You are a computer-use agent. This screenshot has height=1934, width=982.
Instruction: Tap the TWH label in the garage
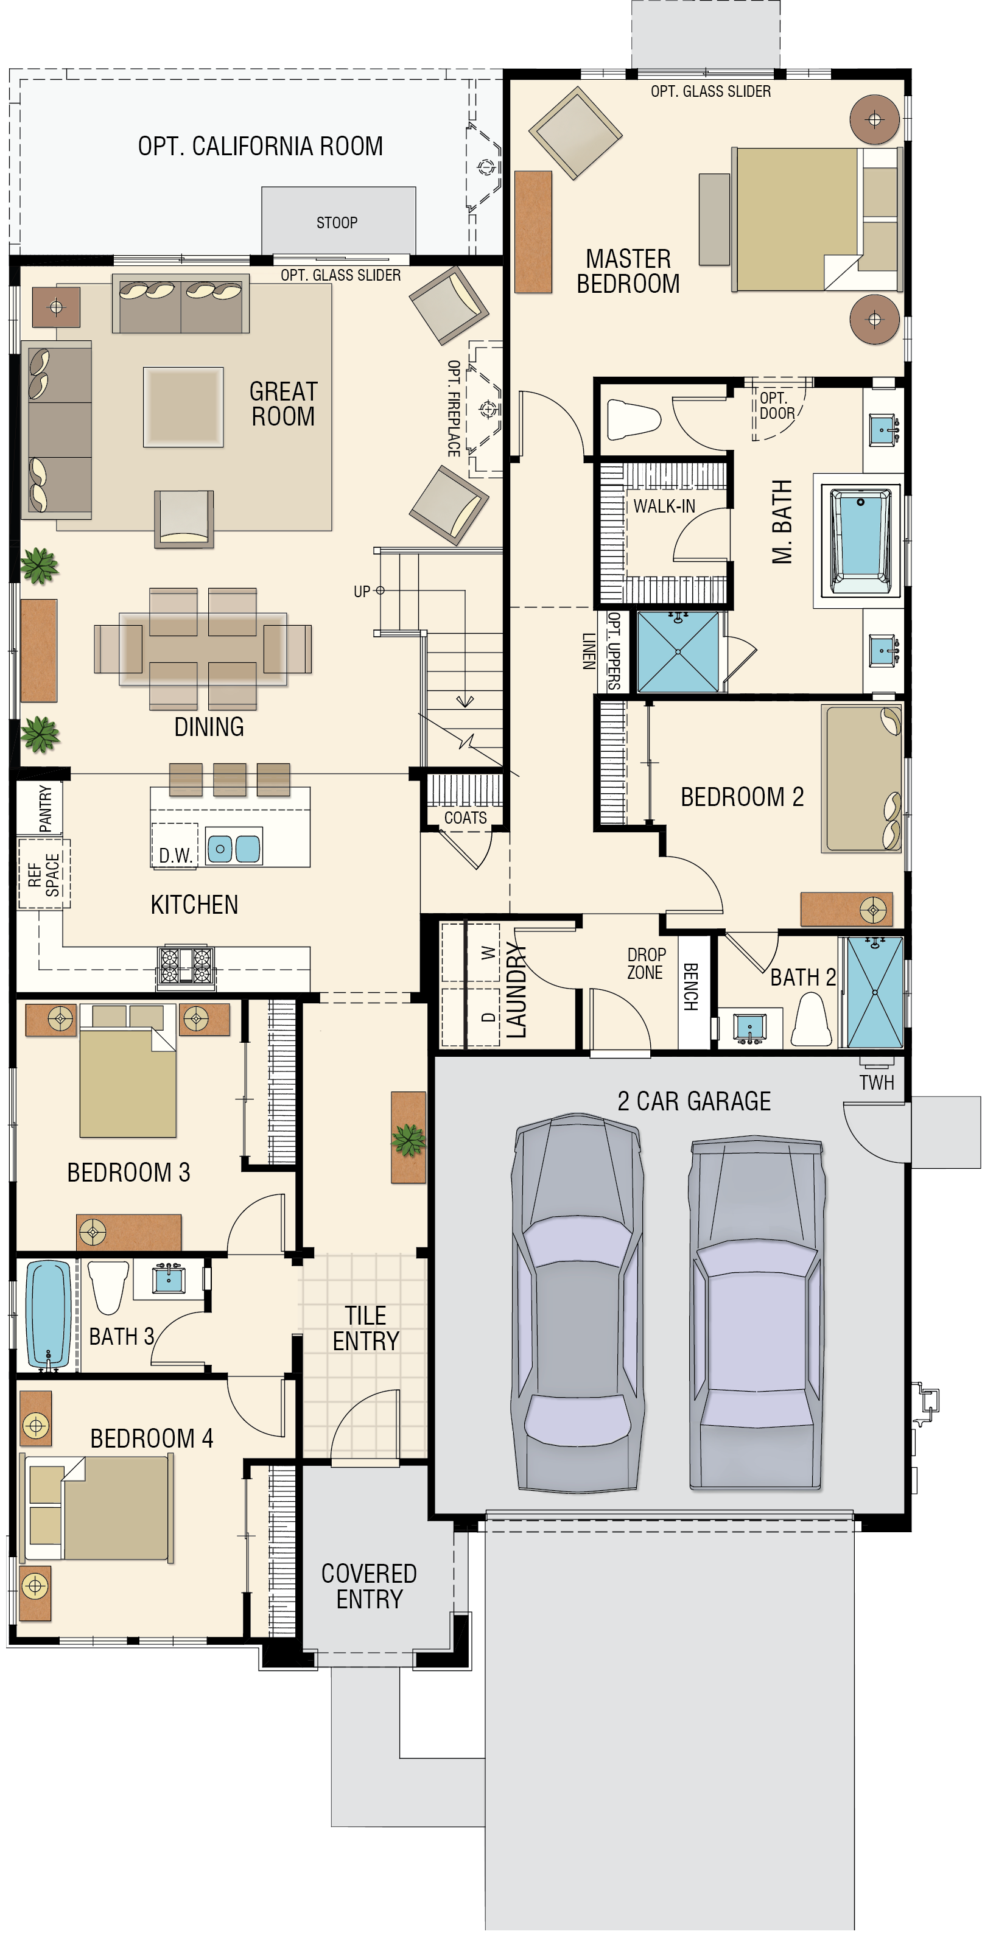click(x=876, y=1082)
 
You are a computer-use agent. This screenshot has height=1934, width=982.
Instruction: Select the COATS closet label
click(x=466, y=818)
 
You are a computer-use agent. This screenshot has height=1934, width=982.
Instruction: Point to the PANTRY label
click(x=45, y=808)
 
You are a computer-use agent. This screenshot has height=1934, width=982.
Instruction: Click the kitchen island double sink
click(x=234, y=849)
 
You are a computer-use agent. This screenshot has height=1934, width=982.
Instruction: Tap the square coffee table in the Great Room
click(x=183, y=407)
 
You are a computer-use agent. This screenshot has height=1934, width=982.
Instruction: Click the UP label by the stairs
click(x=362, y=592)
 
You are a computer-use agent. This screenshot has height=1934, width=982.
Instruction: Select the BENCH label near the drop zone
click(x=691, y=987)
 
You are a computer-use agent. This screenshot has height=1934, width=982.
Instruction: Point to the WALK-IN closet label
click(x=664, y=506)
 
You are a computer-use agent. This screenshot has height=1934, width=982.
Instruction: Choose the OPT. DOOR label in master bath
click(x=777, y=405)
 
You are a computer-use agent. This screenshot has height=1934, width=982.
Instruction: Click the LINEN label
click(x=589, y=650)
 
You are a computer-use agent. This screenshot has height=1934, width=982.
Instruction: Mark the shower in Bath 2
click(x=875, y=992)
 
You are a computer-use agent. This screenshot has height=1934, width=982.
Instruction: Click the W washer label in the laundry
click(x=489, y=953)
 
